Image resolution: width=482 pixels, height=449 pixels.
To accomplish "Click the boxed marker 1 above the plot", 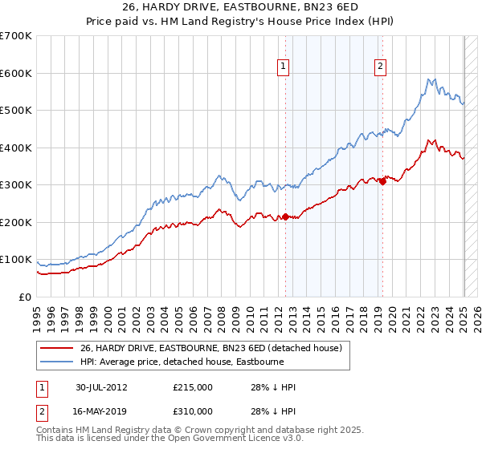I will pos(284,67).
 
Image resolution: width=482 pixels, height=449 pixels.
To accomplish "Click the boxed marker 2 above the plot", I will pos(380,67).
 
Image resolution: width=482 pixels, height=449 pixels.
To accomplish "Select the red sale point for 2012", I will pos(286,216).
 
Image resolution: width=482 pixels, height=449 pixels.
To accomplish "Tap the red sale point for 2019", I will pos(382,181).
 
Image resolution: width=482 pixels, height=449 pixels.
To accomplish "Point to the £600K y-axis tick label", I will pos(16,73).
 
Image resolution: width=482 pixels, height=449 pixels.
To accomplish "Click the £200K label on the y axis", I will pos(16,222).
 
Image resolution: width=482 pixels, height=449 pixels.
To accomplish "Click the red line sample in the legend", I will pos(56,348).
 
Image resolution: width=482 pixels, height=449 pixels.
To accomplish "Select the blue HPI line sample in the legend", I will pos(56,362).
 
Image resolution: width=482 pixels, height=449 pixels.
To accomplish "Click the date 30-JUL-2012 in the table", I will pos(101,387).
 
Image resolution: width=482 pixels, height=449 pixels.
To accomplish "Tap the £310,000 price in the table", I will pos(193,411).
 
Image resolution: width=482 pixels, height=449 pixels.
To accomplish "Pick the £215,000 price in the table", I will pos(193,387).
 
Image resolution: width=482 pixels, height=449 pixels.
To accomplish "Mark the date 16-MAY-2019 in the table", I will pos(101,411).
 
